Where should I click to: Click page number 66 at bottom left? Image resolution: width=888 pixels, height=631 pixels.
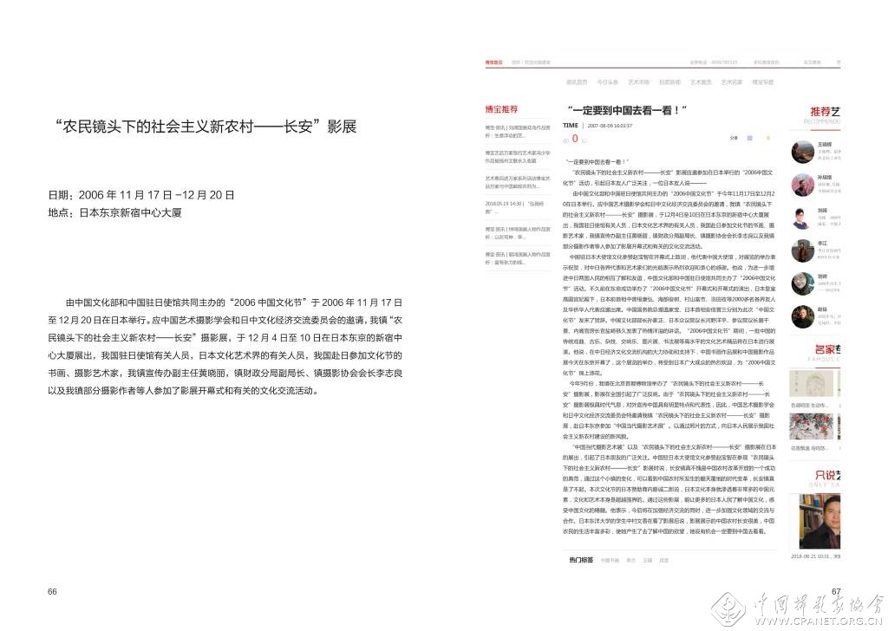[52, 591]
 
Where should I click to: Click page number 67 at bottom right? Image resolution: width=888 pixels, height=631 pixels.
[837, 592]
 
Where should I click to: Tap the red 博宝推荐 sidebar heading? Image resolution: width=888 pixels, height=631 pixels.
[501, 110]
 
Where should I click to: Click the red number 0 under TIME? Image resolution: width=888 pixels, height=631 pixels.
[574, 139]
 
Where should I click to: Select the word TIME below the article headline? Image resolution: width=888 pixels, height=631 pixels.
[570, 125]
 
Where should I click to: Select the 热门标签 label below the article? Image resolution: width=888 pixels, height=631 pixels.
[581, 560]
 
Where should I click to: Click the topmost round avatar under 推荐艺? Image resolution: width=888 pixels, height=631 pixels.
[801, 152]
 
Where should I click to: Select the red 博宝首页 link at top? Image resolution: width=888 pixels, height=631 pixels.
[494, 62]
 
